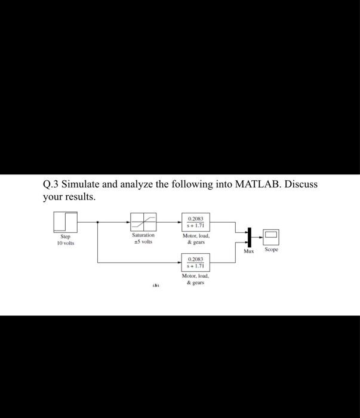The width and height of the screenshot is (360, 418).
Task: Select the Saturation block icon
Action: coord(143,222)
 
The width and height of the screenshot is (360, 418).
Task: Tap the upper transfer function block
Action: coord(195,223)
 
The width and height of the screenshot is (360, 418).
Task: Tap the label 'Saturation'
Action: coord(143,236)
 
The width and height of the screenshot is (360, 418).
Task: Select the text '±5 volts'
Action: coord(143,242)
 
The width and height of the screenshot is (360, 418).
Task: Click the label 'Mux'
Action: coord(248,251)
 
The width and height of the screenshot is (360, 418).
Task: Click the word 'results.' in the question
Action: coord(80,197)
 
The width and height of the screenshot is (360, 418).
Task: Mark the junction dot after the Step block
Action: coord(98,222)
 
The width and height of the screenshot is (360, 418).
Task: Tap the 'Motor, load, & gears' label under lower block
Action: coord(195,279)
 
